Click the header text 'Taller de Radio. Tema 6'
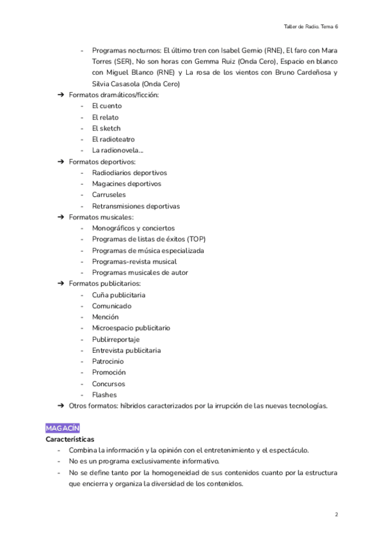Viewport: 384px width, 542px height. pyautogui.click(x=310, y=27)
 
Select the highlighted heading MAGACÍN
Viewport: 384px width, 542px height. pyautogui.click(x=62, y=428)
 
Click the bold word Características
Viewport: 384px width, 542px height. pyautogui.click(x=70, y=440)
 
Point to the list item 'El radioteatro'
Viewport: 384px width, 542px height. pyautogui.click(x=113, y=139)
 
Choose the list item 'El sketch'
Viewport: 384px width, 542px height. pyautogui.click(x=106, y=128)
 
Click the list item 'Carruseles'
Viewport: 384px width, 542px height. pyautogui.click(x=109, y=195)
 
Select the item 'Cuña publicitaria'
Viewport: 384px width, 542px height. pyautogui.click(x=118, y=295)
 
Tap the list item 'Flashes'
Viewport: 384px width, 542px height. pyautogui.click(x=104, y=395)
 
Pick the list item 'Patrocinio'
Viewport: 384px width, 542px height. pyautogui.click(x=108, y=362)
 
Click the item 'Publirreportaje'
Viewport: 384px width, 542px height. pyautogui.click(x=116, y=339)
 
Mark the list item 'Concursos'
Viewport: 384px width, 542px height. pyautogui.click(x=109, y=384)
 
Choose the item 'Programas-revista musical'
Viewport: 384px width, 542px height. pyautogui.click(x=134, y=261)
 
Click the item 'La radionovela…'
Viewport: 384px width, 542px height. pyautogui.click(x=118, y=151)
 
